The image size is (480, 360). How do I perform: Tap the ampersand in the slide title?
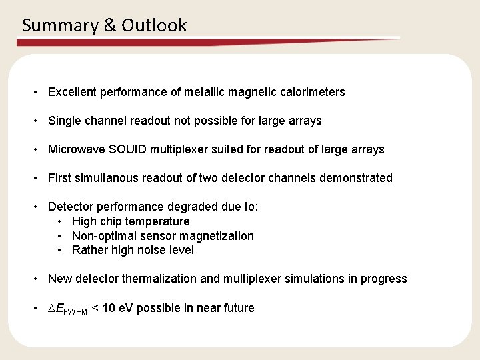111,26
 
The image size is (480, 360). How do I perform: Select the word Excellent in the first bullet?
73,92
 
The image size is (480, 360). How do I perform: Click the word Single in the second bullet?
64,121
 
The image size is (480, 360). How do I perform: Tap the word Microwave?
73,149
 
